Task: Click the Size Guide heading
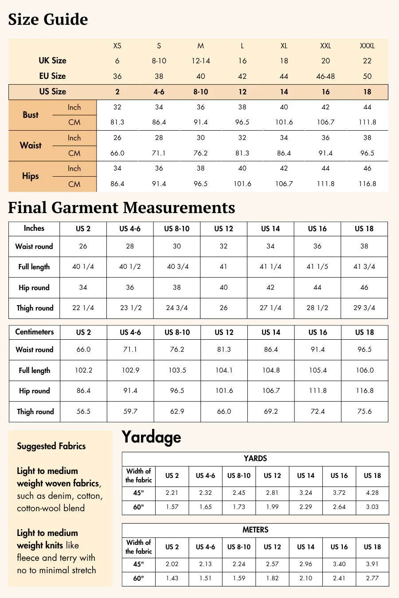click(48, 19)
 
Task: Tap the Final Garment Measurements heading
click(121, 208)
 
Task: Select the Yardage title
click(151, 437)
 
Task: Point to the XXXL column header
click(367, 46)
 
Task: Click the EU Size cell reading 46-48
click(325, 76)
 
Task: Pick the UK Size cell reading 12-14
click(200, 61)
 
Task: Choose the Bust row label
click(31, 115)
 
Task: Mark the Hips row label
click(31, 176)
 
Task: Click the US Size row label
click(52, 92)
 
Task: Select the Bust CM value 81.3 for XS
click(117, 122)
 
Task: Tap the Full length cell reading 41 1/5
click(317, 267)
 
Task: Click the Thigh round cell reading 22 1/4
click(83, 308)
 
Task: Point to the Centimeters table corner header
click(34, 332)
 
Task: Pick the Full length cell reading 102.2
click(83, 370)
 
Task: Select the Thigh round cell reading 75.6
click(364, 412)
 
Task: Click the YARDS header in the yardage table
click(255, 458)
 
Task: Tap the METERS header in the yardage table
click(255, 530)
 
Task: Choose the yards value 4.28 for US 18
click(372, 493)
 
